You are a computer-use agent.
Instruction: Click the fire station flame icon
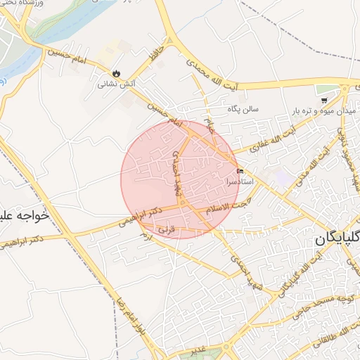115,72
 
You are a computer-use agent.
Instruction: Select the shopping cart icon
323,100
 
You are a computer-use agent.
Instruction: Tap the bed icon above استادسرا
240,171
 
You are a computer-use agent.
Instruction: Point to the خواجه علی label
25,216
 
